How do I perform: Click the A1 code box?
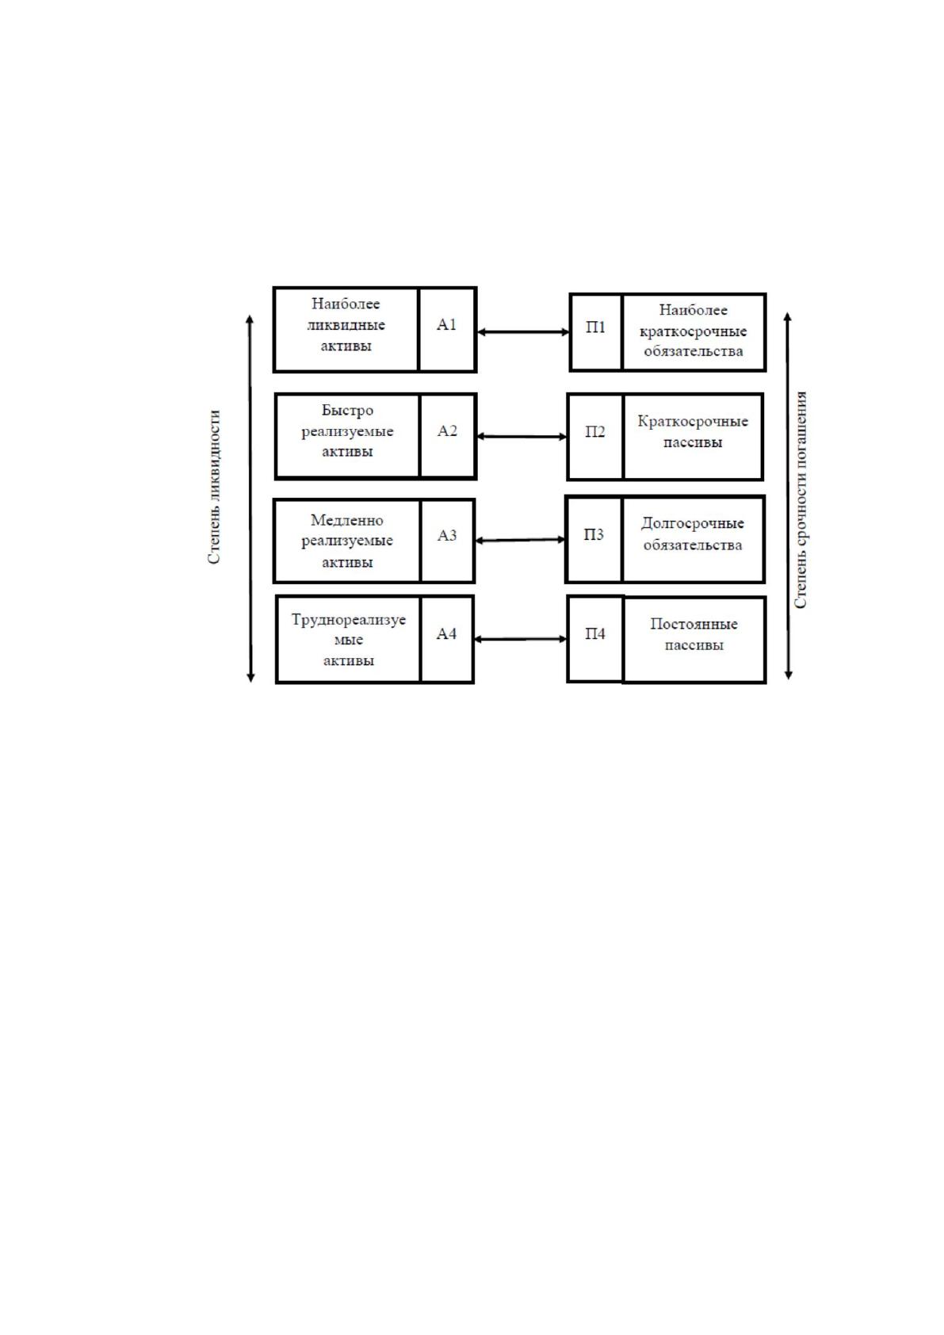coord(447,330)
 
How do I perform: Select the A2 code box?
coord(448,436)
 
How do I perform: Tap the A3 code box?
coord(448,541)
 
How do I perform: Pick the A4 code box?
coord(447,639)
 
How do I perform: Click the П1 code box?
coord(596,332)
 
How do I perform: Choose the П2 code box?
coord(595,436)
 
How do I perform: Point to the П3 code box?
coord(594,539)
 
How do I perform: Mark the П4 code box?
coord(595,638)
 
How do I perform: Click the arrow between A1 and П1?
coord(523,332)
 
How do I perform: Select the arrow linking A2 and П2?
coord(522,436)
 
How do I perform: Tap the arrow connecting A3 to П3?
coord(520,540)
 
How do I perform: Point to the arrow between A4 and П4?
coord(520,639)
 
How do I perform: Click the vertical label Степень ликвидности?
coord(214,486)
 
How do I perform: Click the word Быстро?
coord(347,410)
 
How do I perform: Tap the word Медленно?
coord(347,520)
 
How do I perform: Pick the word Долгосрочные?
coord(693,523)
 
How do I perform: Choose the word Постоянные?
coord(694,623)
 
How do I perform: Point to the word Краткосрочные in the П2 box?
coord(693,422)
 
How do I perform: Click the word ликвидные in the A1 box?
coord(346,325)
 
